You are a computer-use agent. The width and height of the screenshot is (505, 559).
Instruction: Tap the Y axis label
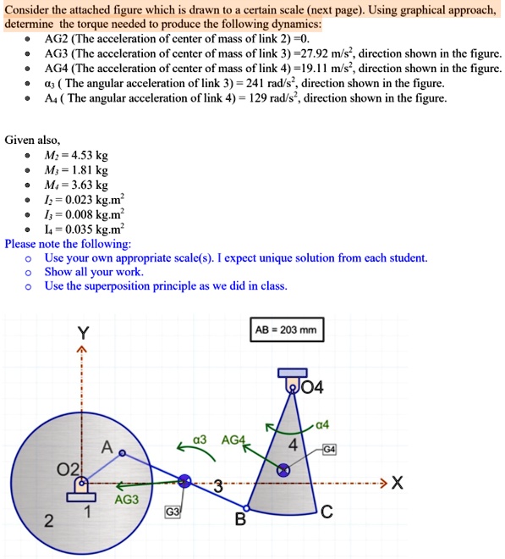(82, 331)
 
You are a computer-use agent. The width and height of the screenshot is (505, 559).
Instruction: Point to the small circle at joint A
(122, 454)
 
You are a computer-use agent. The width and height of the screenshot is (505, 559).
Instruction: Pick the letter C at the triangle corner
(327, 511)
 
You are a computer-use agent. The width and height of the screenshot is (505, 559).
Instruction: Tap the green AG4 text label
(233, 440)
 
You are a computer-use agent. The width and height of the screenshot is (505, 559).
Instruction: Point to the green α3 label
(200, 440)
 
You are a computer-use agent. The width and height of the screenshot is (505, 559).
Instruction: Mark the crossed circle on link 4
(284, 469)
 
